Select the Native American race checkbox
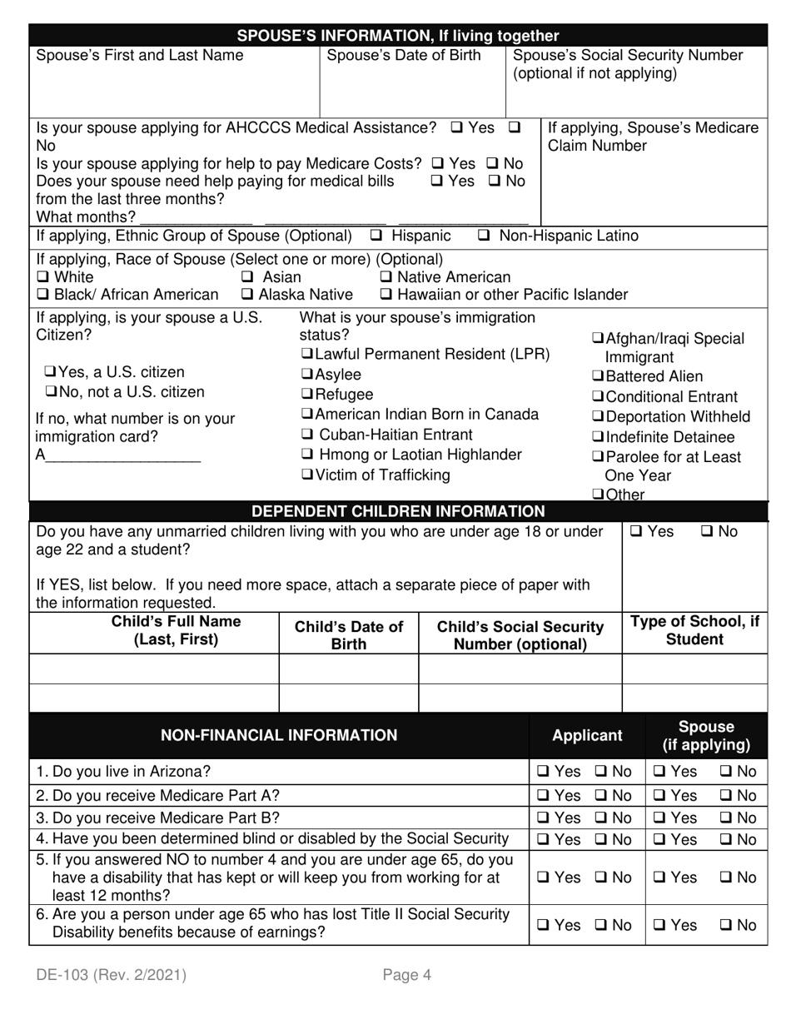(386, 277)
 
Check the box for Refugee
(306, 395)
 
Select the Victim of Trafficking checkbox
(306, 475)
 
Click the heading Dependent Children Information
(398, 511)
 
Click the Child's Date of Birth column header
(349, 635)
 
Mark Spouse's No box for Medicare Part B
(726, 818)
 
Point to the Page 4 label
(407, 975)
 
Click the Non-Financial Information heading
(279, 736)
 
